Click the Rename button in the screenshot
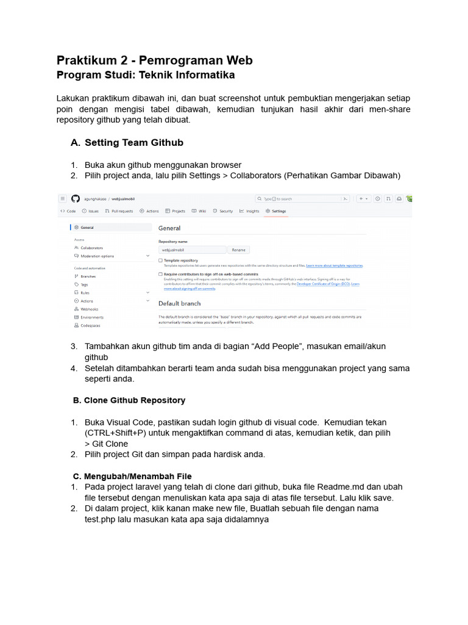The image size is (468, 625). (x=238, y=250)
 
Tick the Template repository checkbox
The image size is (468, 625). (x=160, y=260)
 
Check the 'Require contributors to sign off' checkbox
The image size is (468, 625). (x=160, y=275)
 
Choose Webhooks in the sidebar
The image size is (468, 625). (x=89, y=309)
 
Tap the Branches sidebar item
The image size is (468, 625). (x=88, y=276)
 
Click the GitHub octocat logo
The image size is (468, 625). (x=76, y=198)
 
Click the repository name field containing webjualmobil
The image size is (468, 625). (x=192, y=250)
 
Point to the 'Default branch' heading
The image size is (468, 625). (x=179, y=303)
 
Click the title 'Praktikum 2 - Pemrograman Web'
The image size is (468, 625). (x=154, y=60)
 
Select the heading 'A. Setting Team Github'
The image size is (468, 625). (x=134, y=143)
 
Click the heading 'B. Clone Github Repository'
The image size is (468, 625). (x=129, y=400)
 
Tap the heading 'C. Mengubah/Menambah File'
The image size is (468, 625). (x=132, y=476)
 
